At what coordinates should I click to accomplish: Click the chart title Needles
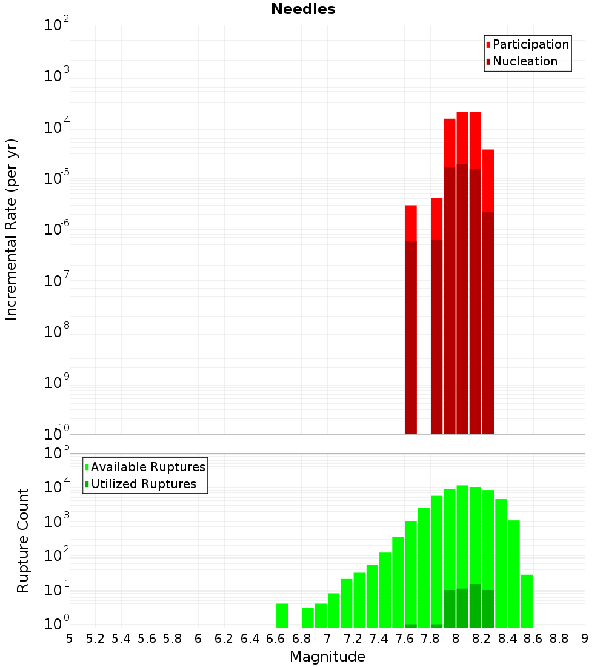point(303,9)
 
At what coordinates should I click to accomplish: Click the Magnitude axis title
point(327,657)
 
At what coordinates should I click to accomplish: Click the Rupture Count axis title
point(23,540)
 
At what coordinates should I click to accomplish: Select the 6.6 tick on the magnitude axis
point(276,639)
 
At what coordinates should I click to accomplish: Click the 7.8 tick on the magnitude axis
point(430,639)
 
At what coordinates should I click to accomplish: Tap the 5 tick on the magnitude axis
point(70,639)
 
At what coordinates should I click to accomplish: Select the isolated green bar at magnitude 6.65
point(282,615)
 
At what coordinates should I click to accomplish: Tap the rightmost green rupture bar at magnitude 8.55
point(527,601)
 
